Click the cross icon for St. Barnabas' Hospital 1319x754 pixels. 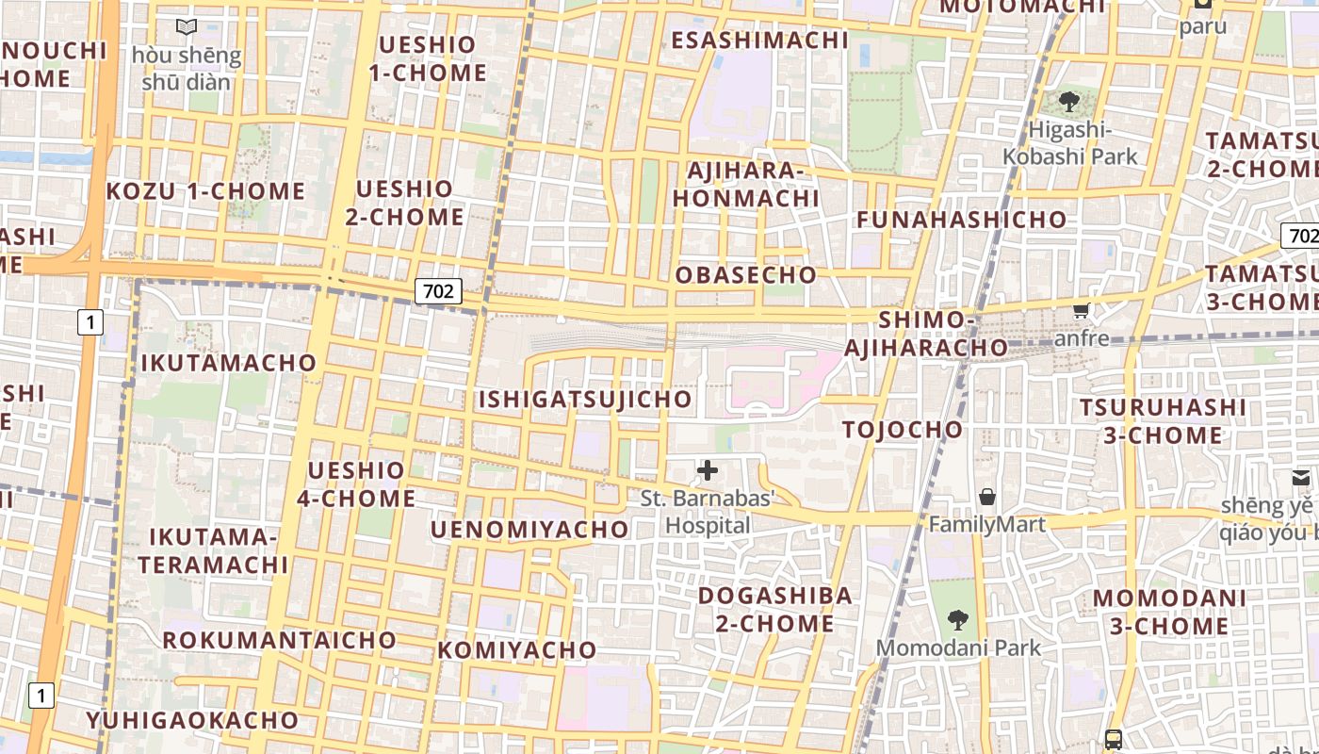tap(707, 470)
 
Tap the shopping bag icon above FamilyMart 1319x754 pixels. tap(986, 496)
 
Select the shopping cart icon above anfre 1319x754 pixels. tap(1081, 310)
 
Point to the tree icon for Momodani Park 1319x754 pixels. tap(958, 620)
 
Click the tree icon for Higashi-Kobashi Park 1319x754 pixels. tap(1068, 102)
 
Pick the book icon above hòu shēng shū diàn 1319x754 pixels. tap(187, 27)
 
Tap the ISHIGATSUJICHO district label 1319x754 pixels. tap(585, 399)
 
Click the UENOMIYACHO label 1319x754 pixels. tap(529, 530)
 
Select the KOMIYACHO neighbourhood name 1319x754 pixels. tap(517, 650)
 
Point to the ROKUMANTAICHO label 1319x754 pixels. tap(280, 640)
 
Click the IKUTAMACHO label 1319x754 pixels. tap(229, 363)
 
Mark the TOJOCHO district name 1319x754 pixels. tap(903, 430)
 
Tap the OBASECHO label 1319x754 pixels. tap(746, 275)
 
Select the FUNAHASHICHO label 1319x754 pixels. tap(961, 220)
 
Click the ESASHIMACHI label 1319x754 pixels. tap(759, 40)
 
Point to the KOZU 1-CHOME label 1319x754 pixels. tap(205, 191)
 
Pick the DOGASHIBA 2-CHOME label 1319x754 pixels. tap(774, 610)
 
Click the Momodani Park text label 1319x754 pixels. tap(959, 648)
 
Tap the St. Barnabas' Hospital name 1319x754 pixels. tap(708, 512)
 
